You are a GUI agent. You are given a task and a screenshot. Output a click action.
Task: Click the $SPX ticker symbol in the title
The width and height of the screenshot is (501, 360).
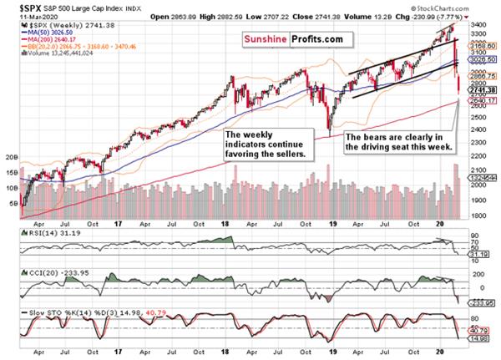(18, 6)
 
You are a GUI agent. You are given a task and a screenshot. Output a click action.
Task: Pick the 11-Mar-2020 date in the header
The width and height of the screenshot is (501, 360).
(23, 14)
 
